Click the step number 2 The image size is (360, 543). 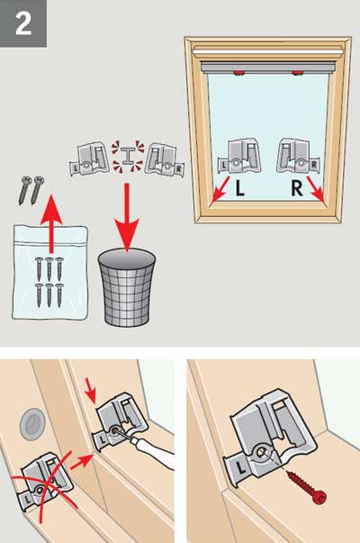[23, 23]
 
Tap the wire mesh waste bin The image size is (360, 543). [127, 287]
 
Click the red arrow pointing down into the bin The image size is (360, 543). [127, 218]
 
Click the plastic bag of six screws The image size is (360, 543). [49, 272]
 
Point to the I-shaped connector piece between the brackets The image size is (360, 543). [127, 157]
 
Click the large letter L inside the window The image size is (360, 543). [239, 188]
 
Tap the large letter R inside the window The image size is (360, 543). [297, 188]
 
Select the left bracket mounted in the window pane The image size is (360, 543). [238, 156]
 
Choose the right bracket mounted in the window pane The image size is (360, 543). [299, 156]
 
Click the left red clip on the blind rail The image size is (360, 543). [238, 73]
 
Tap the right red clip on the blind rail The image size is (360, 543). [297, 73]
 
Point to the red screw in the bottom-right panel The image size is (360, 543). [305, 484]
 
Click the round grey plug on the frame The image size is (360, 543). [32, 422]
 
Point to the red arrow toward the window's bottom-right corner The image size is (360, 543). [315, 189]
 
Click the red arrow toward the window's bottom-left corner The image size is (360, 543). [220, 189]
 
